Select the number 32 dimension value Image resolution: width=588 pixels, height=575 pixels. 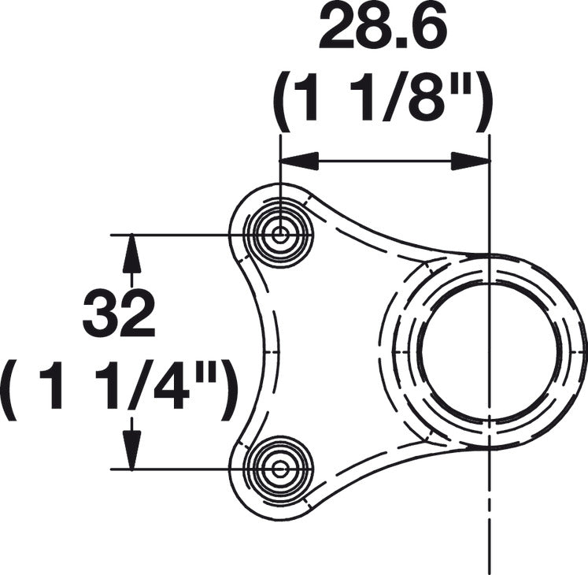119,313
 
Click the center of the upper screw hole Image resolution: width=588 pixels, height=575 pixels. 279,235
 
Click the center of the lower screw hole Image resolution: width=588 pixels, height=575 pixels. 279,469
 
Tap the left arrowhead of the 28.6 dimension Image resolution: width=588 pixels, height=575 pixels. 299,161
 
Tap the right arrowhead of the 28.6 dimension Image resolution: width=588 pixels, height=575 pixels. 471,161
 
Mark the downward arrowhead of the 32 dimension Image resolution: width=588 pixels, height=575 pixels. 131,451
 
